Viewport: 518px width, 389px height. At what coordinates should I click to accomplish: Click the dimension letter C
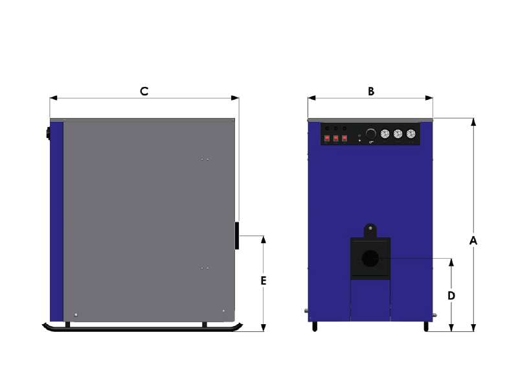coord(144,91)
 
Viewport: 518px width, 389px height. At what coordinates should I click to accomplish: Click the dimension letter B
coord(371,91)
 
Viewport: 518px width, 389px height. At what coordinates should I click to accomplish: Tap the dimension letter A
coord(473,241)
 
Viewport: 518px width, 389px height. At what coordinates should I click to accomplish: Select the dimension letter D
coord(451,296)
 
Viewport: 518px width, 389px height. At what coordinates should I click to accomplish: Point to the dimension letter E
coord(264,281)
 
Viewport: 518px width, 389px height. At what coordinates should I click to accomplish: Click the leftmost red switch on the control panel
coord(327,138)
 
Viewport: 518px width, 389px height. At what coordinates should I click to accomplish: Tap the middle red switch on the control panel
coord(335,138)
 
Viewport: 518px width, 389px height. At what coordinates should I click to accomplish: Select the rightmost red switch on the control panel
coord(344,138)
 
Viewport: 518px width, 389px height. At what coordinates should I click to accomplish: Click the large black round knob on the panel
coord(370,134)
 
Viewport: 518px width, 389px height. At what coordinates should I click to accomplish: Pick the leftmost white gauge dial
coord(385,134)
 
